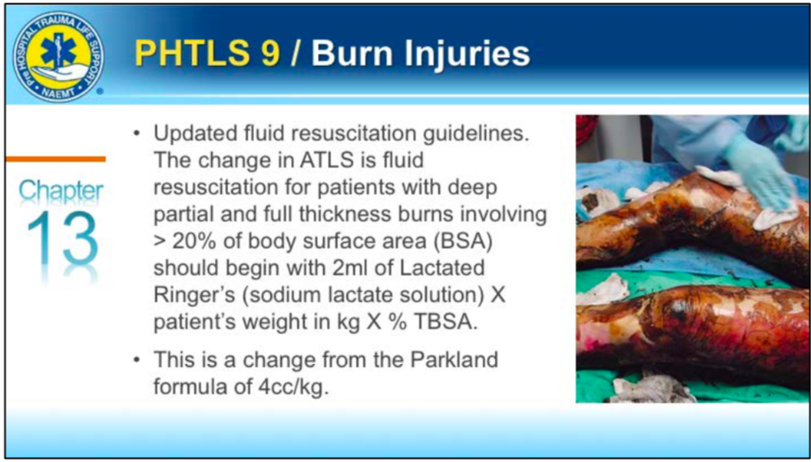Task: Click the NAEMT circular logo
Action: (x=58, y=56)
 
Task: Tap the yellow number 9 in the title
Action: (x=270, y=53)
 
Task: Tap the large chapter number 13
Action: (x=62, y=239)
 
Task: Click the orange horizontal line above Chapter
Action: (x=56, y=159)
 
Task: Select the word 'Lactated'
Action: (x=445, y=269)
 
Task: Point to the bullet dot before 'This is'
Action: (x=137, y=360)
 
